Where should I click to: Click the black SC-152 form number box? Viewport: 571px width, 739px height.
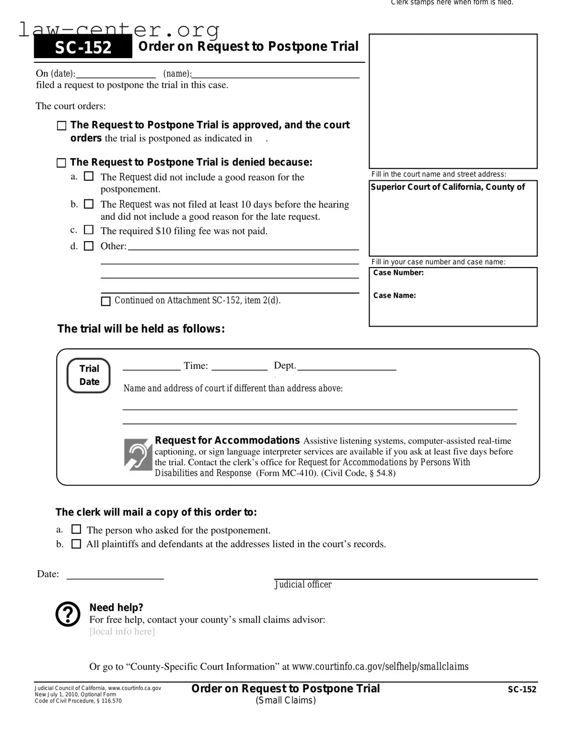[83, 47]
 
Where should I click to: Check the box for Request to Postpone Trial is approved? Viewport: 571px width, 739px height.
[61, 126]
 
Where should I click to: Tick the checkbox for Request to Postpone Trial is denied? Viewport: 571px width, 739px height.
[61, 163]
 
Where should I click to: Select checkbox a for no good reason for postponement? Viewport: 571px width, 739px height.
[89, 176]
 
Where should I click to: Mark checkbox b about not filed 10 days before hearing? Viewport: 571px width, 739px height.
[89, 204]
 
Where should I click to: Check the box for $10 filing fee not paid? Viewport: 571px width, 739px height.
[89, 230]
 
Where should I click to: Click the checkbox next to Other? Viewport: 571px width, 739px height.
[89, 246]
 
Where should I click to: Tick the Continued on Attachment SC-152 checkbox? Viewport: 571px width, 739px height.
[106, 301]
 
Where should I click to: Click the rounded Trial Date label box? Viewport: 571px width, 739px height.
[89, 375]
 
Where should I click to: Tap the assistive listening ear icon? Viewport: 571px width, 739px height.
[138, 454]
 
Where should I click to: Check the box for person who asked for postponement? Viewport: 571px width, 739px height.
[76, 529]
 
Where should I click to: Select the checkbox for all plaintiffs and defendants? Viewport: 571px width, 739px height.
[76, 544]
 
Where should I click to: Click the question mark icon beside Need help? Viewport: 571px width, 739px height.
[68, 614]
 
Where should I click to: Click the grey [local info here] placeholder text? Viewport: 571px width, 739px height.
[122, 632]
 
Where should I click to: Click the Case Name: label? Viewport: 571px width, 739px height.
[395, 295]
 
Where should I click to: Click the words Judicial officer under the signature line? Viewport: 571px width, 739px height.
[303, 585]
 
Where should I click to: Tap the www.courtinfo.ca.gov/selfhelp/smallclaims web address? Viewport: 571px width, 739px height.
[380, 667]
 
